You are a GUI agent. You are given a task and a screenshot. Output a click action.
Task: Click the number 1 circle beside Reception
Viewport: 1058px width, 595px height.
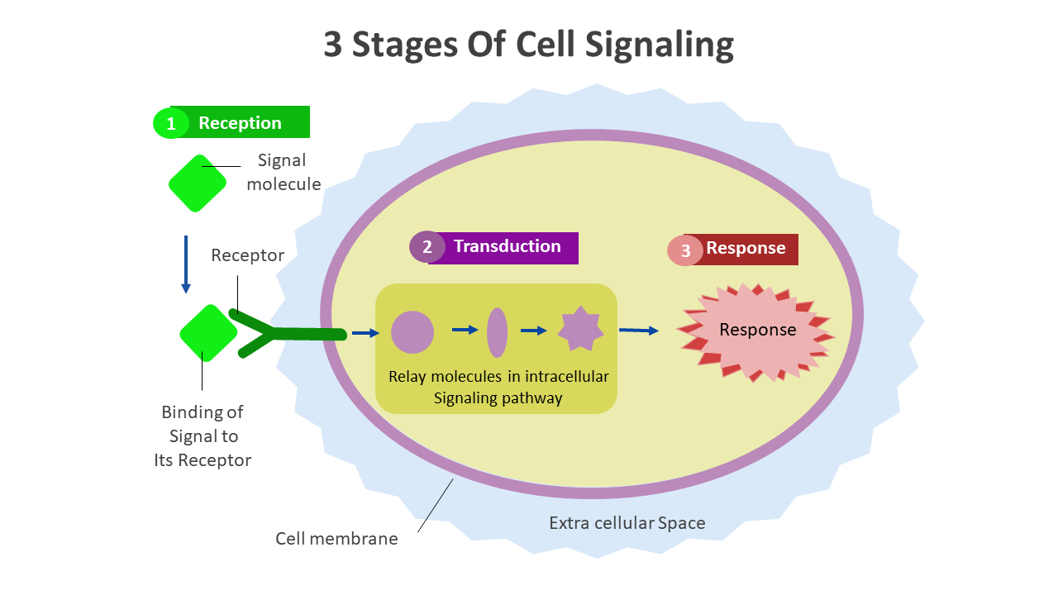tap(171, 123)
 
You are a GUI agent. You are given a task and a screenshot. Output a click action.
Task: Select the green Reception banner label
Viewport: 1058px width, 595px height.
tap(241, 123)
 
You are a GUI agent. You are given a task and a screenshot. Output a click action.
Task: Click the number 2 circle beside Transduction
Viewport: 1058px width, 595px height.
tap(427, 247)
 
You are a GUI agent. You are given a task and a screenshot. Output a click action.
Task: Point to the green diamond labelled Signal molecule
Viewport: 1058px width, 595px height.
tap(198, 183)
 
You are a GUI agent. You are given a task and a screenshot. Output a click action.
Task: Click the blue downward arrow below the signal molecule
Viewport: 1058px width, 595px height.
tap(186, 264)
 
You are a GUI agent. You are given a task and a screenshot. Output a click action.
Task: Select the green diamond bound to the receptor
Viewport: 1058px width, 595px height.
tap(208, 333)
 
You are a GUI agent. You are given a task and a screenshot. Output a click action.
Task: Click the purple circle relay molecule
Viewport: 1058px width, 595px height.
tap(412, 332)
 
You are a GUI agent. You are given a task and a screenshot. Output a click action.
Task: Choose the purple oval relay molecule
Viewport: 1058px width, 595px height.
tap(497, 332)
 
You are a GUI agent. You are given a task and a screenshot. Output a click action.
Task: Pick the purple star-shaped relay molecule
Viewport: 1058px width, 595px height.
tap(581, 330)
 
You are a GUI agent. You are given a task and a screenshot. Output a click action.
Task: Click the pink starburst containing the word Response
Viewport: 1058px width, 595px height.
tap(756, 331)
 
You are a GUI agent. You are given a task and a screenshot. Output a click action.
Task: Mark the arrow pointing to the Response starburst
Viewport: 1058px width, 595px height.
tap(639, 331)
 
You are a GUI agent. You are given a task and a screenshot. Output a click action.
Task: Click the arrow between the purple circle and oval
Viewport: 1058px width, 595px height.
tap(465, 330)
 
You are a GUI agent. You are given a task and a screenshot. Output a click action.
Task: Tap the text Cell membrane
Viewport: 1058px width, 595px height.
tap(336, 539)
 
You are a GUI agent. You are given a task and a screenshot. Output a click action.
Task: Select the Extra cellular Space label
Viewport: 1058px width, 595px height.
tap(627, 523)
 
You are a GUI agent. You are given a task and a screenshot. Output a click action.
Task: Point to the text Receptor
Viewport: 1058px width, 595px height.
tap(247, 255)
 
